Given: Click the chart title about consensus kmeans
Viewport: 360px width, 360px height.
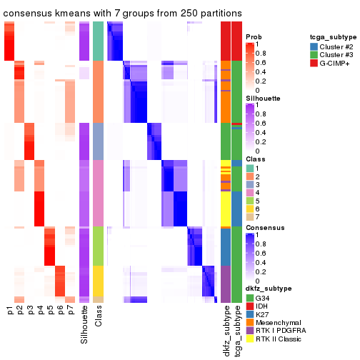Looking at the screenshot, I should [123, 14].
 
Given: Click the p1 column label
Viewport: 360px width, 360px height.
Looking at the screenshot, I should [10, 311].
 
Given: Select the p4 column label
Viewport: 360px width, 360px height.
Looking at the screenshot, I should [40, 311].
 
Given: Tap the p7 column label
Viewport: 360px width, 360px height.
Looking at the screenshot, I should [70, 311].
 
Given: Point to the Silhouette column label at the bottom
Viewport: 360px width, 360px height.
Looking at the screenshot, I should [84, 325].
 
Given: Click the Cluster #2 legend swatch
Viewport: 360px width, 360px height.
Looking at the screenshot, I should [314, 46].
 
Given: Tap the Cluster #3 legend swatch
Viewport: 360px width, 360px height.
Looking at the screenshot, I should [314, 56].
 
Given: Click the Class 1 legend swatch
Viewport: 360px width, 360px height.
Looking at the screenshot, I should [250, 167].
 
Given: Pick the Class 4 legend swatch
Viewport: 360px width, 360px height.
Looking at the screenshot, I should [250, 193].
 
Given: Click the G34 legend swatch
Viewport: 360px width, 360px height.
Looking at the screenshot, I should [250, 297].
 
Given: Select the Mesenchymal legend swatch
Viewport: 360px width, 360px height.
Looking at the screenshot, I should [250, 323].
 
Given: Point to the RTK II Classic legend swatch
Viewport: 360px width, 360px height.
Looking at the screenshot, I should [250, 340].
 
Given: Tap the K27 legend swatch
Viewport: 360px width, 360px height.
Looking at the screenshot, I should [250, 314].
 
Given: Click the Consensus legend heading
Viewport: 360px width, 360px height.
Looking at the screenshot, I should [264, 228].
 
